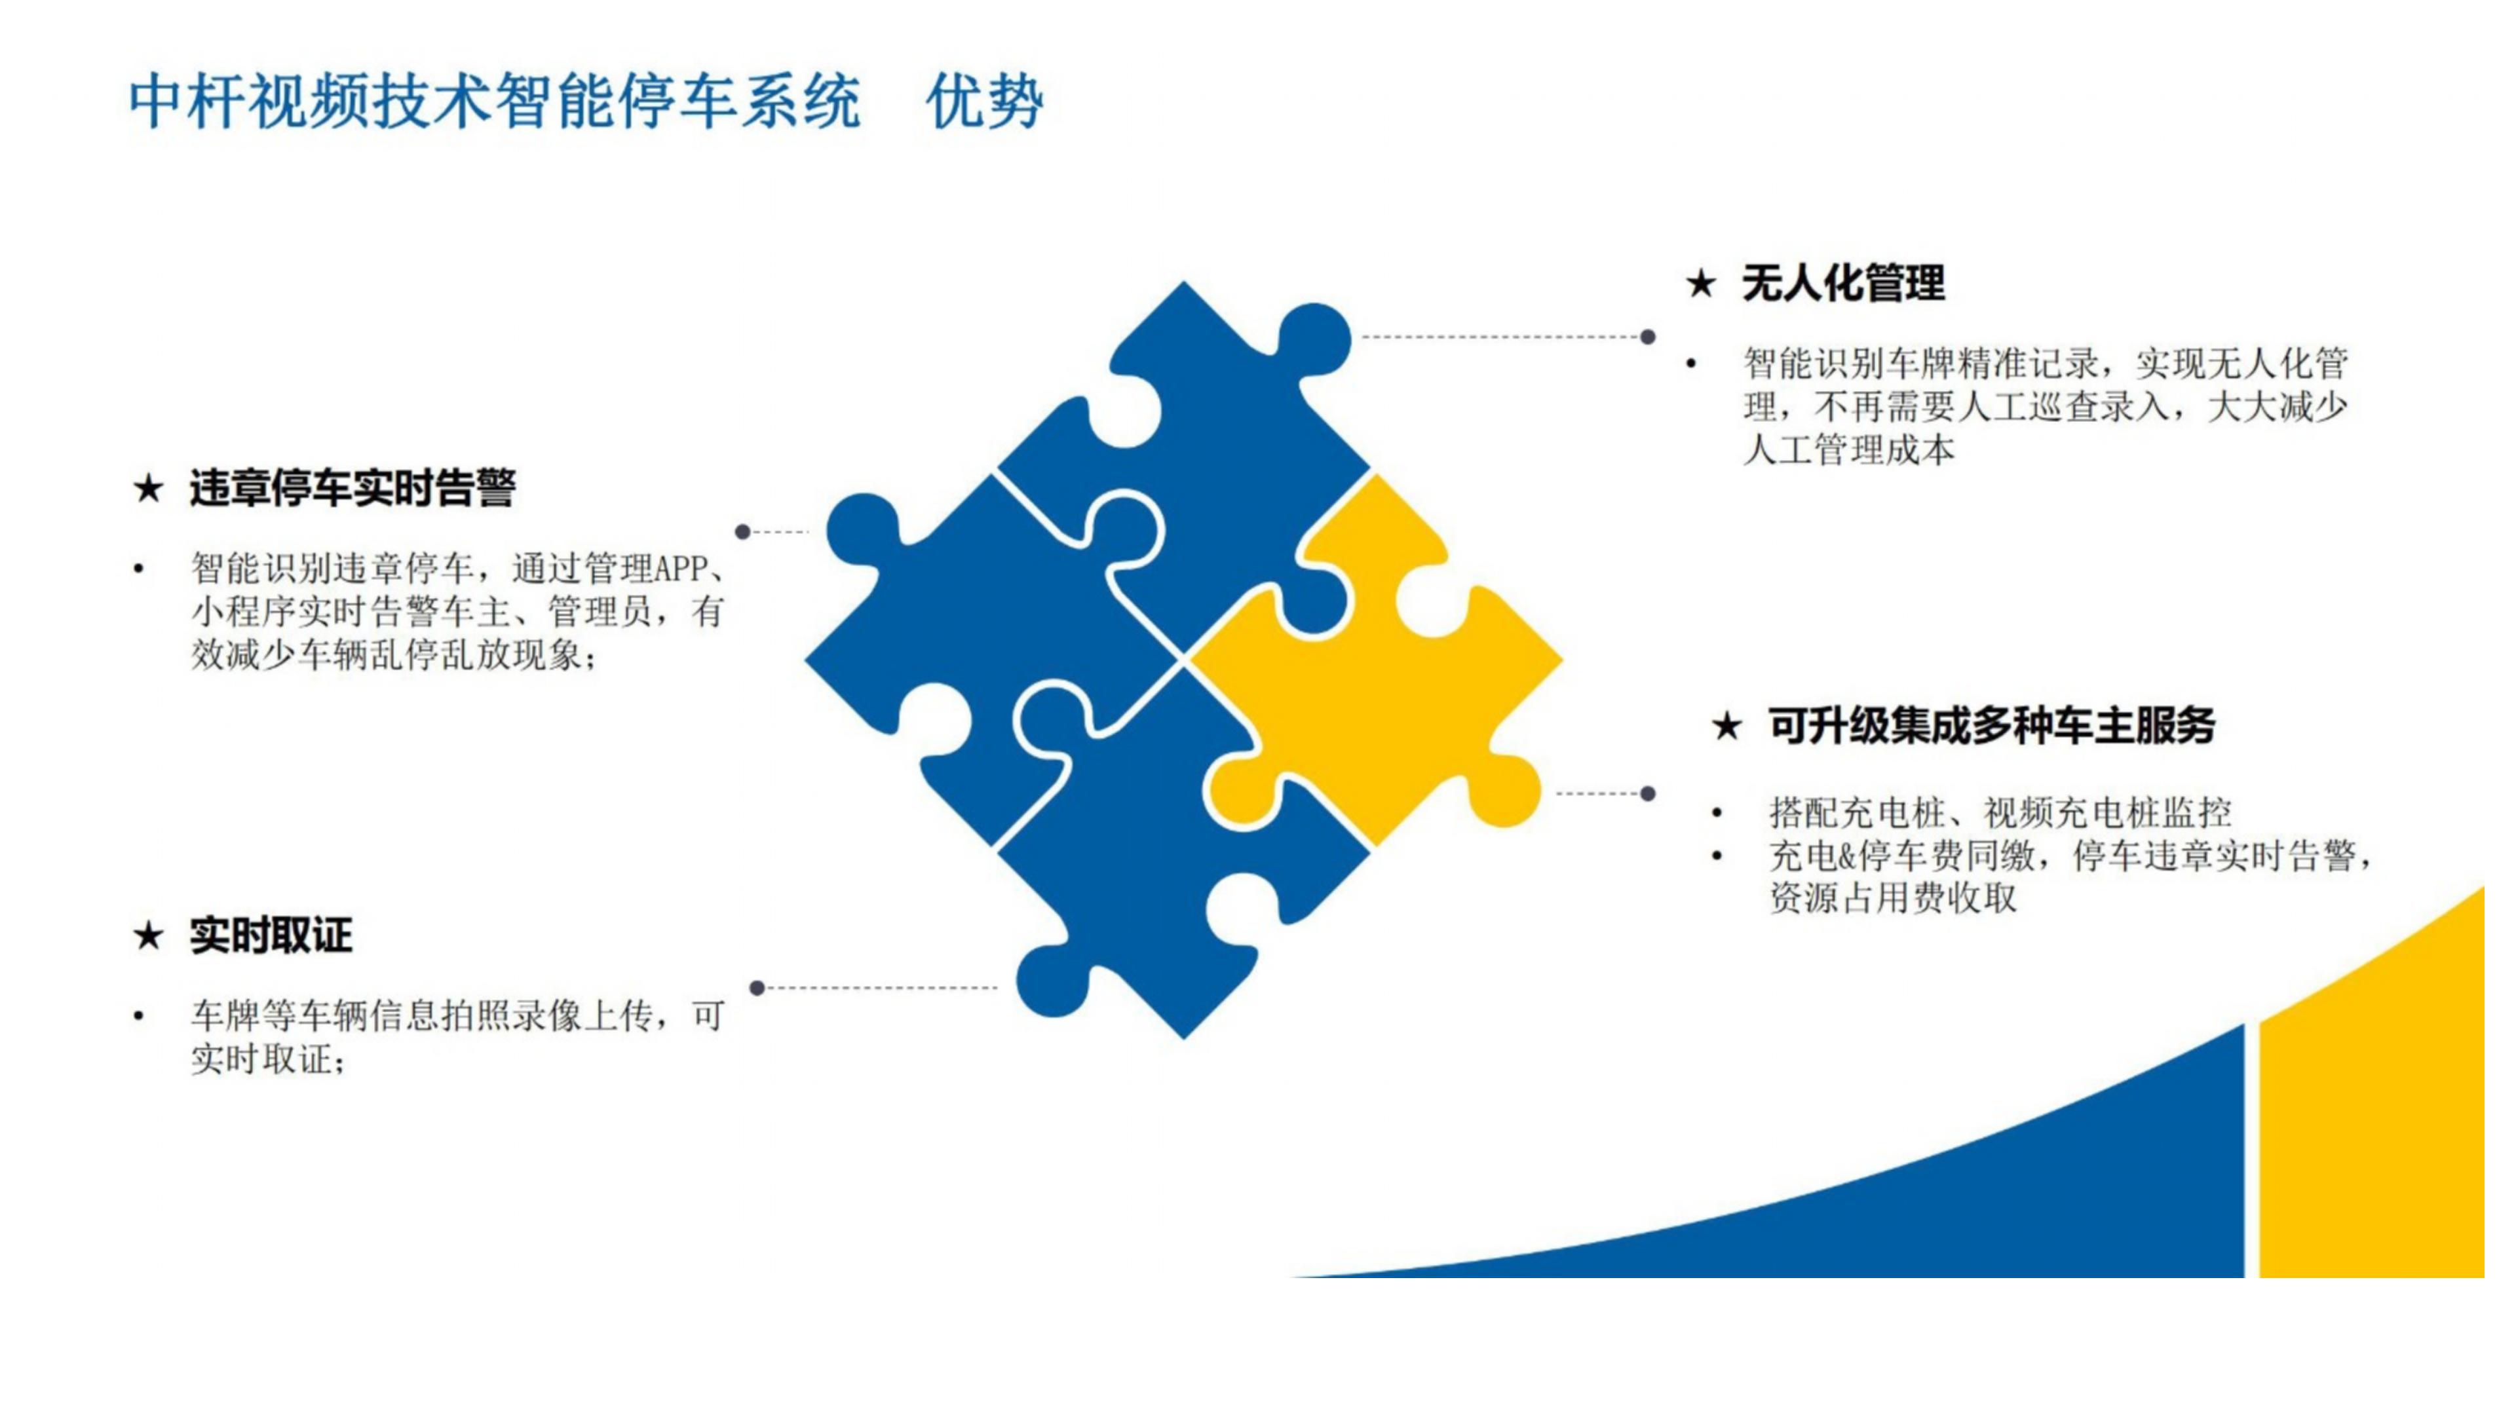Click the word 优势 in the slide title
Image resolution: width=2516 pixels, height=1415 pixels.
[x=985, y=102]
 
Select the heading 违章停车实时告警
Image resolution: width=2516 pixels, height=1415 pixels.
[x=353, y=487]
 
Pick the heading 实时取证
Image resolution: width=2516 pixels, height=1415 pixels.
[x=271, y=935]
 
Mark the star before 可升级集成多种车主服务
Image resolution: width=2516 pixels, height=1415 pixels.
[x=1727, y=726]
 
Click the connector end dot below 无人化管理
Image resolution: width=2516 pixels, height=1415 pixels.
[x=1648, y=337]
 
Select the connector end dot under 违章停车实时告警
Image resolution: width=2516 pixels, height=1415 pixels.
[x=742, y=532]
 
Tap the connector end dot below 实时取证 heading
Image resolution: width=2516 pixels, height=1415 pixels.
[x=757, y=989]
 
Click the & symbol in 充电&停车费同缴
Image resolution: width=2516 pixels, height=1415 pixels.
[x=1846, y=856]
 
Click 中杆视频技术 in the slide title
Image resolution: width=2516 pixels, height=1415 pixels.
[x=311, y=102]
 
